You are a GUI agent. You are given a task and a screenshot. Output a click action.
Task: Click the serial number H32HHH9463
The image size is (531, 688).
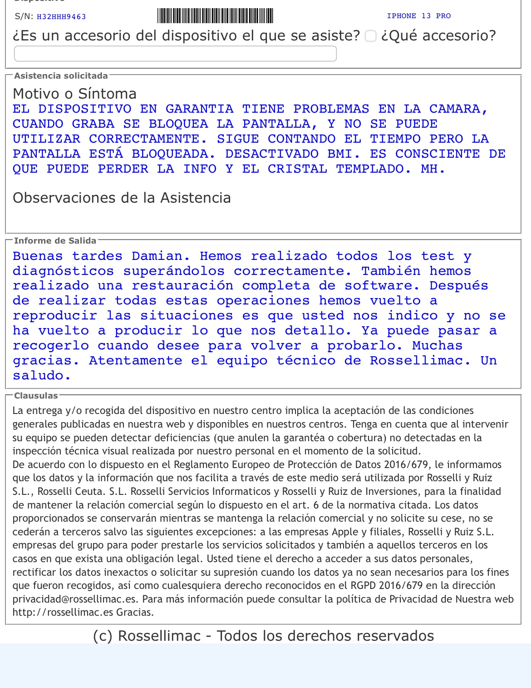pyautogui.click(x=61, y=17)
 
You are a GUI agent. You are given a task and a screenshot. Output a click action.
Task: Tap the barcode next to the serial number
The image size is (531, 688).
pyautogui.click(x=215, y=16)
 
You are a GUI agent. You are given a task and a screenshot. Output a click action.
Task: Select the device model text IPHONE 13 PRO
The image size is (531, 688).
pyautogui.click(x=418, y=16)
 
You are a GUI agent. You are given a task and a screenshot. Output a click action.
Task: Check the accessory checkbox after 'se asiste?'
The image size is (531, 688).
pyautogui.click(x=371, y=36)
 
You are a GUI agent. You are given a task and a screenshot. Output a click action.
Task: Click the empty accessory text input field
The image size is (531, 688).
pyautogui.click(x=175, y=54)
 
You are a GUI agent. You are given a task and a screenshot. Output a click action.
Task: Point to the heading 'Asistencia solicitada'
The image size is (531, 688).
pyautogui.click(x=61, y=76)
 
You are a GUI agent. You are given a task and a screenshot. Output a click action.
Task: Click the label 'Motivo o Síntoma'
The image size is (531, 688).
pyautogui.click(x=74, y=94)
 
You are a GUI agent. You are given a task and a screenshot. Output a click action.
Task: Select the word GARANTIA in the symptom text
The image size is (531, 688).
pyautogui.click(x=199, y=109)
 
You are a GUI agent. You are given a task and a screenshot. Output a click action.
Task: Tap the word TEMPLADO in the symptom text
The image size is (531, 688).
pyautogui.click(x=373, y=169)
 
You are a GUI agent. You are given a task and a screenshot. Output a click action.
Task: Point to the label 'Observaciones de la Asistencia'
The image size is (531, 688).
pyautogui.click(x=122, y=198)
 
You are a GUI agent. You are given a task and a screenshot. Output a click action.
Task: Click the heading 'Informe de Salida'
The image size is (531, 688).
pyautogui.click(x=55, y=241)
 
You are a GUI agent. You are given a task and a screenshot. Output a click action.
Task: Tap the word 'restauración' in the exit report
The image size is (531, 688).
pyautogui.click(x=182, y=286)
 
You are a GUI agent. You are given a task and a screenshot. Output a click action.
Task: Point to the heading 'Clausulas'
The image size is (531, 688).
pyautogui.click(x=36, y=396)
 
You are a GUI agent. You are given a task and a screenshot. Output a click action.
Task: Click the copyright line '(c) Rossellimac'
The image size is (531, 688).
pyautogui.click(x=263, y=636)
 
